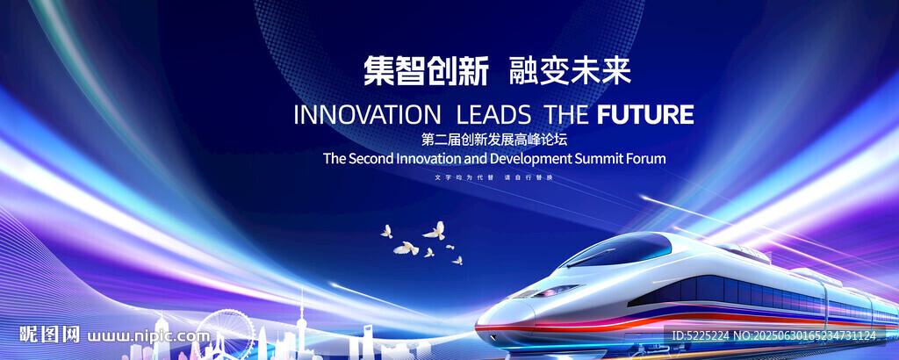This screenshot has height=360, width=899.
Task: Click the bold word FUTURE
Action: (645, 115)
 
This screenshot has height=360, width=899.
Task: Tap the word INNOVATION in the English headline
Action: (368, 115)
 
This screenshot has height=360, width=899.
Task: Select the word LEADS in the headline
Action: (493, 115)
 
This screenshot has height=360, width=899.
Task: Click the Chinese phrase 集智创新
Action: (426, 71)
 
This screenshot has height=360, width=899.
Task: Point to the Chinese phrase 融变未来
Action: (570, 71)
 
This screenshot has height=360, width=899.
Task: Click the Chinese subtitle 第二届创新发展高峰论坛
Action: (493, 140)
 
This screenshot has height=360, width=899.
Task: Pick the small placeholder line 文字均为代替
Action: (464, 177)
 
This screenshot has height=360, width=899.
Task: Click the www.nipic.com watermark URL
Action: (148, 336)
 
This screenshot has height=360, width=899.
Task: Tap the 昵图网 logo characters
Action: (49, 335)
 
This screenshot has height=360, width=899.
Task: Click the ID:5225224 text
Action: (699, 336)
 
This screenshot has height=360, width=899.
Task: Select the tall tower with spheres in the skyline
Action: (300, 324)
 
